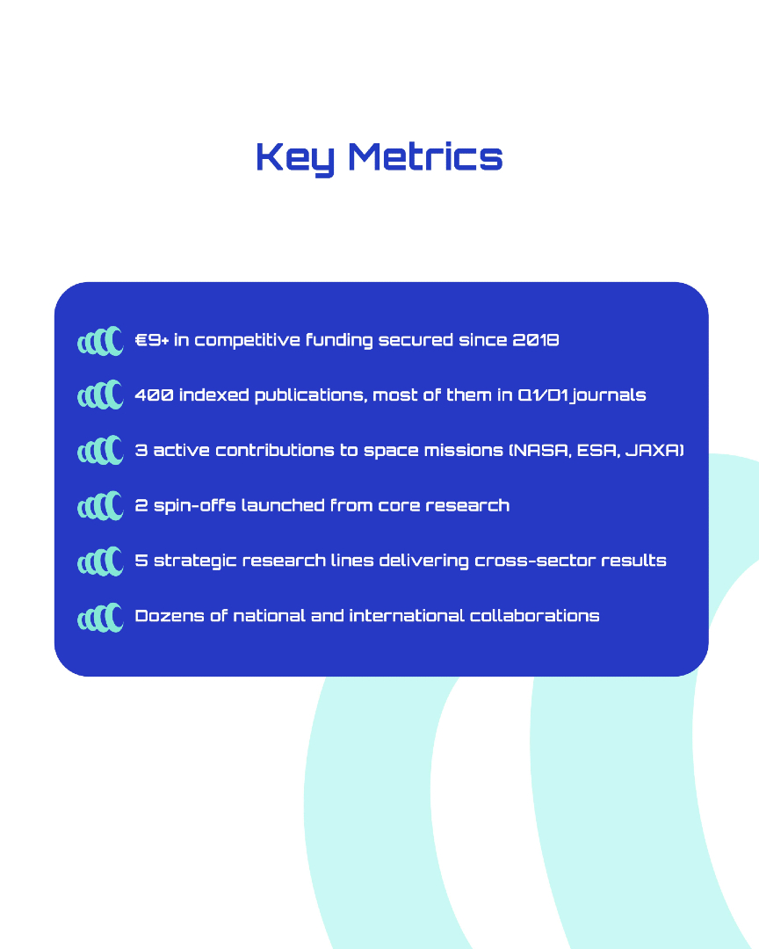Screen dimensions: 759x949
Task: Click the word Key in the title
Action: [x=295, y=158]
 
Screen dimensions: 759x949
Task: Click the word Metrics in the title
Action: [x=425, y=156]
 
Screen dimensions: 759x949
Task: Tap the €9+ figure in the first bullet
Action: [x=151, y=339]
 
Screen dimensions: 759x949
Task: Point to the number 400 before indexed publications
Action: [x=154, y=395]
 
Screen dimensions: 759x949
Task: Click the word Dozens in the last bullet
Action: [x=170, y=615]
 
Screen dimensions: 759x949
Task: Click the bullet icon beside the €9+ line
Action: [x=100, y=341]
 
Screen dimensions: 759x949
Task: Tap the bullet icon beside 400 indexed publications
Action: [x=100, y=395]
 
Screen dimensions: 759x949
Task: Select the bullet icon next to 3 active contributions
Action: [x=100, y=450]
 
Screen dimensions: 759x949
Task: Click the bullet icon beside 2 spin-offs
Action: [x=100, y=506]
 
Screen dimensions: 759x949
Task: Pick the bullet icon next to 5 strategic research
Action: [x=100, y=561]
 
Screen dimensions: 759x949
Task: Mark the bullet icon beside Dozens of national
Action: [x=100, y=618]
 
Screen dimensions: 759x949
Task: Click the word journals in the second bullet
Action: [x=609, y=395]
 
